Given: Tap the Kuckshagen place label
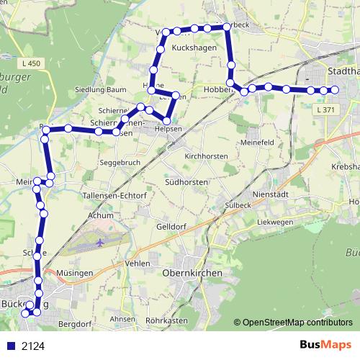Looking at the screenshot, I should (x=195, y=47).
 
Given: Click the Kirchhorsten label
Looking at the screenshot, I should (x=206, y=156).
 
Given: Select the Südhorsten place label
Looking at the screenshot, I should (x=186, y=183).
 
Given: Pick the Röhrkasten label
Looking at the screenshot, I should (x=166, y=320).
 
